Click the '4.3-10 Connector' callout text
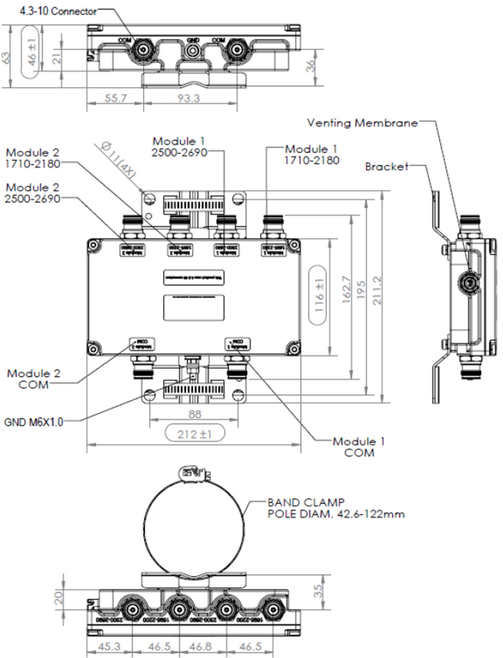point(58,11)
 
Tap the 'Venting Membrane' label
point(362,123)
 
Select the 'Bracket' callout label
point(387,166)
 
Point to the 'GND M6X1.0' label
point(33,422)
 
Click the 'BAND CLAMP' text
point(306,502)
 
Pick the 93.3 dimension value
point(189,98)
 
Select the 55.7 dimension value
point(115,98)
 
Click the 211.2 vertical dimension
point(377,291)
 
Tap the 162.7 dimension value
point(346,290)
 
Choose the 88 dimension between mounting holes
point(195,414)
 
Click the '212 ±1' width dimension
point(195,434)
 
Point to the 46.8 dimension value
point(200,646)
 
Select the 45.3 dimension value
point(110,646)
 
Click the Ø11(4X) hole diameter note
point(118,160)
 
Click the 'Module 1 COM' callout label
point(359,447)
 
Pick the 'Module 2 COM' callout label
point(33,379)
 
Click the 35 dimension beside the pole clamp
point(318,591)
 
